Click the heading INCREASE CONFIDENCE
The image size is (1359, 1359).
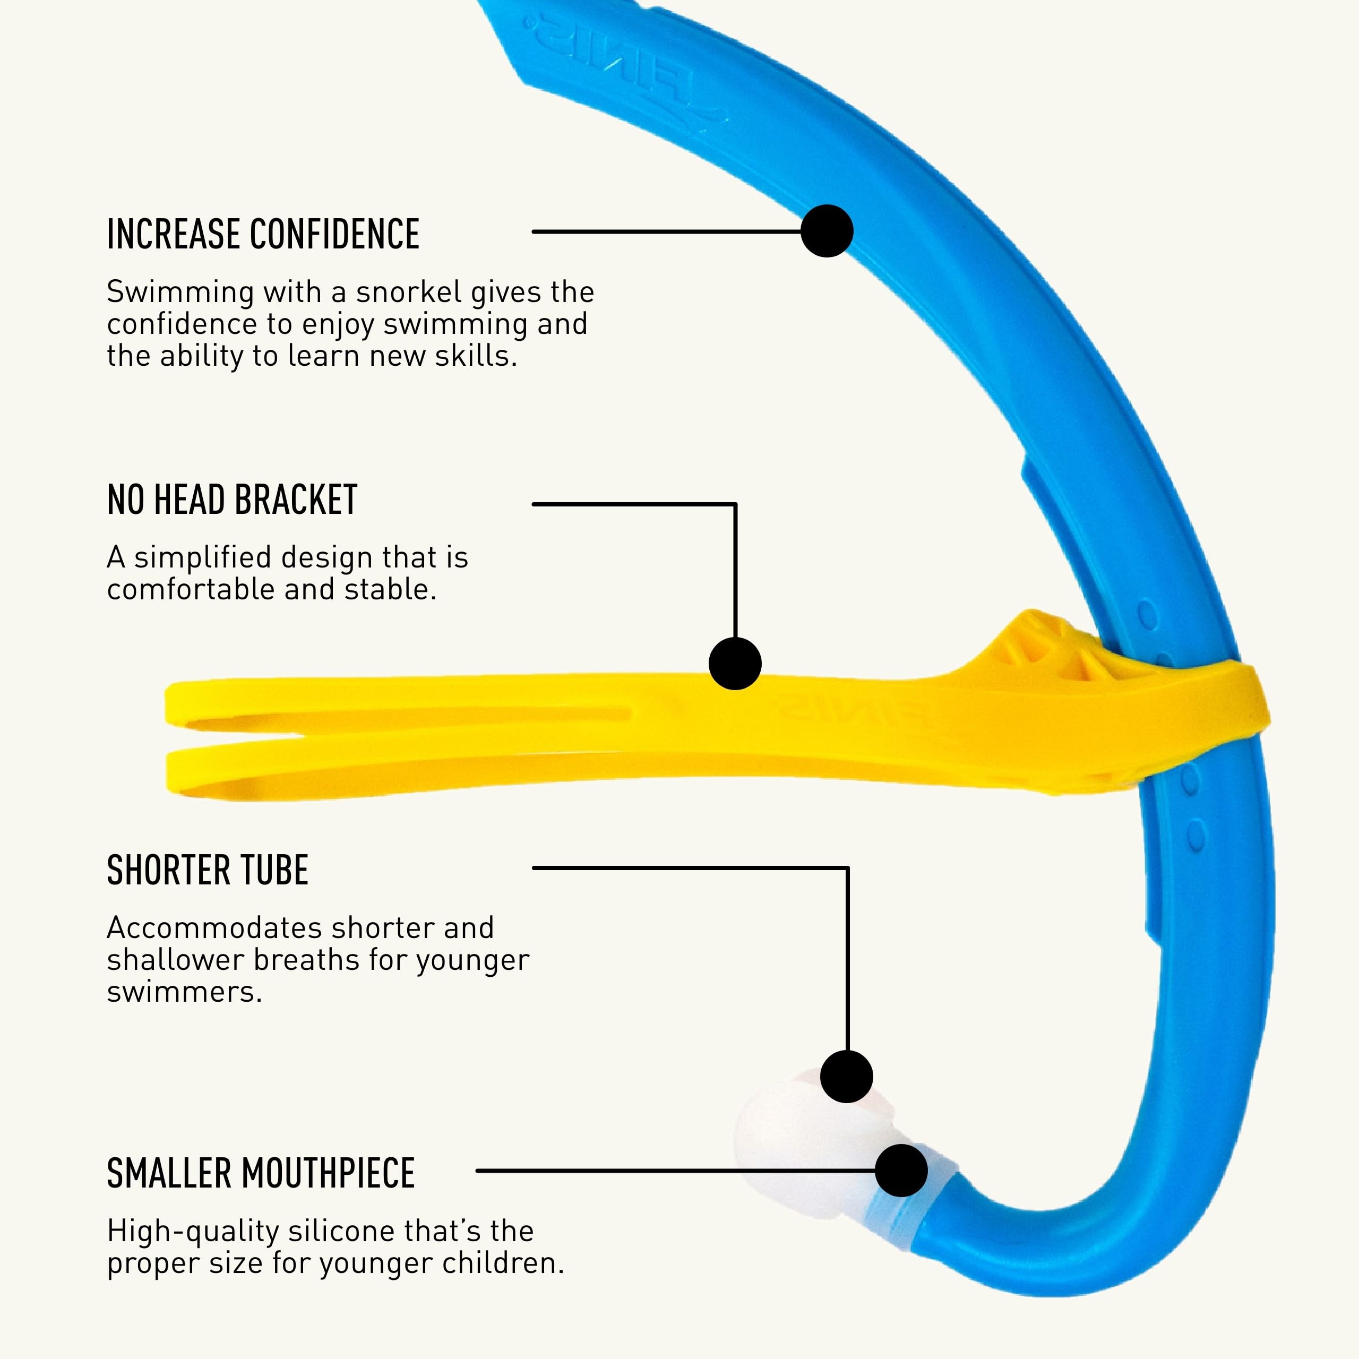pos(263,234)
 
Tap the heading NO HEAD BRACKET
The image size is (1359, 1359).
pos(232,500)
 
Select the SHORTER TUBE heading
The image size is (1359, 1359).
pos(208,870)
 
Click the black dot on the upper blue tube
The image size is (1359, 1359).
pos(827,231)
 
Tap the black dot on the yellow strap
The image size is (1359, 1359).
pos(735,664)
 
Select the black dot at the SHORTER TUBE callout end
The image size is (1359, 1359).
pos(847,1076)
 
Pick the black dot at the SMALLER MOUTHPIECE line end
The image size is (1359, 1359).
pos(901,1170)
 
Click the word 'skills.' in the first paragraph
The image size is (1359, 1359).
pos(476,356)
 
